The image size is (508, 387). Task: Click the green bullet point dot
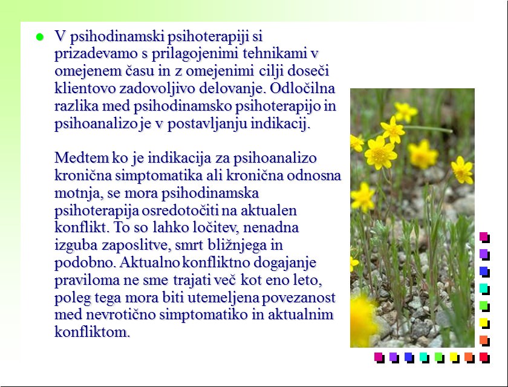(x=39, y=37)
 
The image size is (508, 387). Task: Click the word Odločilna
(x=302, y=88)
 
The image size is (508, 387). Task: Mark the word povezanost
(x=298, y=298)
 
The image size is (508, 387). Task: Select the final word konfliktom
(x=92, y=332)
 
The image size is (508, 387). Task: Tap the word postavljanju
(x=207, y=123)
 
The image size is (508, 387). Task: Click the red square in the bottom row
(x=484, y=358)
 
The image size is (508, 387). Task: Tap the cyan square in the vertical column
(x=484, y=288)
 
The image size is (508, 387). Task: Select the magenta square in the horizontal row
(x=379, y=358)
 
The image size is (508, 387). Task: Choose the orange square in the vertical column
(x=484, y=340)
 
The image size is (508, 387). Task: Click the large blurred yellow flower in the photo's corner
(x=363, y=320)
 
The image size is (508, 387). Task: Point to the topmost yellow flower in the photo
(x=405, y=112)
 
